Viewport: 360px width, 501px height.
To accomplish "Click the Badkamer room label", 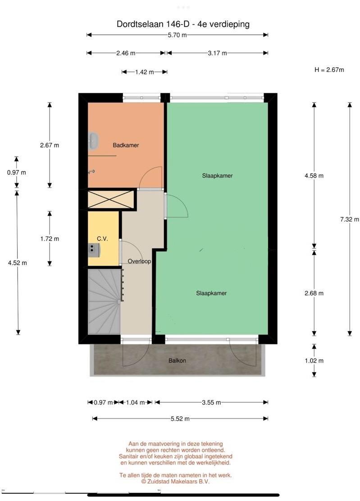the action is (126, 145).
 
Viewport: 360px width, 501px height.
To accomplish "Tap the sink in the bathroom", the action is (93, 141).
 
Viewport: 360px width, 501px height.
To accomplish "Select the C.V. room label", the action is (102, 239).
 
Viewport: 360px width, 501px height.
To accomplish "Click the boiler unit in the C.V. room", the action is (94, 250).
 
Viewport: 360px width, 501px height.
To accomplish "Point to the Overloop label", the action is (139, 262).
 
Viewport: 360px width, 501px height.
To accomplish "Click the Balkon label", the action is (177, 361).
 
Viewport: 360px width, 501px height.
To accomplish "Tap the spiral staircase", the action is (104, 301).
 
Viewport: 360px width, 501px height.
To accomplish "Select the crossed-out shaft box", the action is (110, 200).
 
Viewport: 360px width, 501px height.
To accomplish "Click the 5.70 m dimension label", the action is (177, 35).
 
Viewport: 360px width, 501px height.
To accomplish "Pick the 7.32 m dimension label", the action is (350, 220).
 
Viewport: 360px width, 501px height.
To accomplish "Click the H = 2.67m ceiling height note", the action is (329, 70).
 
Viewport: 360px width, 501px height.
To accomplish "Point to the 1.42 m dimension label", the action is (144, 72).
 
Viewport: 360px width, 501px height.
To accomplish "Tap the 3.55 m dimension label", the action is (211, 403).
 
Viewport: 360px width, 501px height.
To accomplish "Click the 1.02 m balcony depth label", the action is (314, 361).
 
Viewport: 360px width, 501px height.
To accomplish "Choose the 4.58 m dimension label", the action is (314, 176).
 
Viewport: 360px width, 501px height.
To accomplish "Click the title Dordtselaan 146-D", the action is (153, 24).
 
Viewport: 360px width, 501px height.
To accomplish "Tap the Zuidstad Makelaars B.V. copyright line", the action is (176, 482).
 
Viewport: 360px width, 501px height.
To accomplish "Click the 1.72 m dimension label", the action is (50, 239).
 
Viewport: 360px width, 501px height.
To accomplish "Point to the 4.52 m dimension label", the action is (18, 263).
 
